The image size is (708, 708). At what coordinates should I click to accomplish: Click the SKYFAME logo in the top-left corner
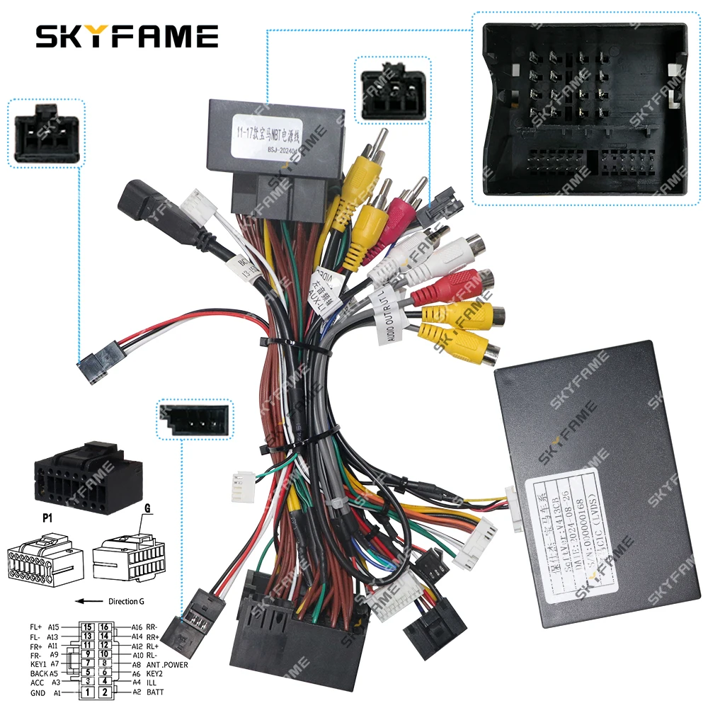127,35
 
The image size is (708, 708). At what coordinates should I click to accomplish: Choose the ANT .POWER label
168,664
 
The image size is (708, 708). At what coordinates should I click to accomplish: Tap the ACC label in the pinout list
38,683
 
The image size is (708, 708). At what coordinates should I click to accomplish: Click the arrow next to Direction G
89,601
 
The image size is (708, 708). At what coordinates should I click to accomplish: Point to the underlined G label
147,508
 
